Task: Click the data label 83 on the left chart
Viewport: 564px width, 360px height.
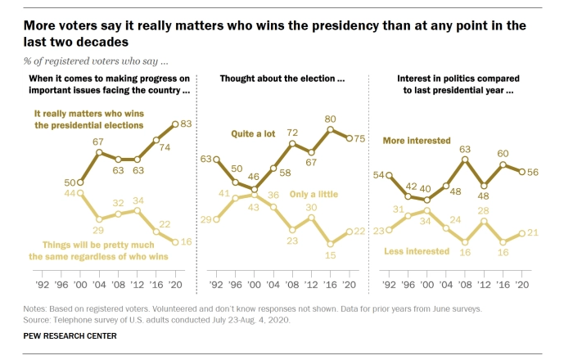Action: [187, 124]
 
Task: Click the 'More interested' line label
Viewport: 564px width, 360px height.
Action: [417, 141]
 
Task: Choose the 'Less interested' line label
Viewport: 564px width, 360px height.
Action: [417, 251]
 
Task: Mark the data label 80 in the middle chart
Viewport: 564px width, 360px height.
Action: [331, 119]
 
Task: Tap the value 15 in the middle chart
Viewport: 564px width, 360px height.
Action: [331, 256]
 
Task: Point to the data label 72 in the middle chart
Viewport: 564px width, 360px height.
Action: [292, 133]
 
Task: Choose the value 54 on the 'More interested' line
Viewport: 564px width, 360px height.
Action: [379, 175]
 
